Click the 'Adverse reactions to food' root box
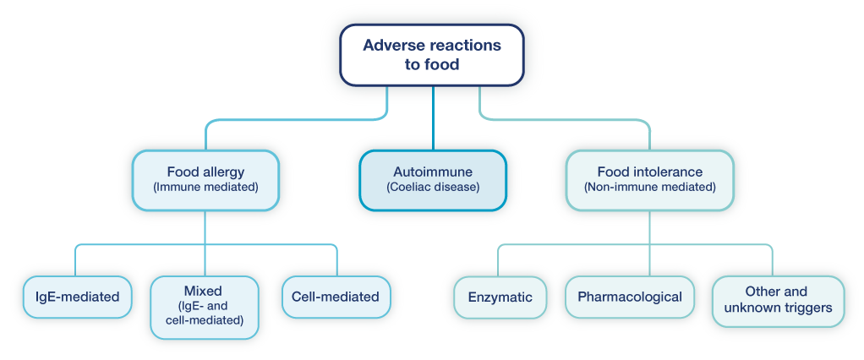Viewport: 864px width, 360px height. [x=432, y=54]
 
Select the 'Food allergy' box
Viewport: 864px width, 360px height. [x=205, y=180]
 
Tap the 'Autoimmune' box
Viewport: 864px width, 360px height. [x=432, y=180]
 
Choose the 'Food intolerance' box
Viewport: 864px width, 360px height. [x=649, y=180]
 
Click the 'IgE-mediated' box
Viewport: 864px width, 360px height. [x=77, y=297]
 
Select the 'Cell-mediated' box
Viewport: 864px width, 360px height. [x=336, y=297]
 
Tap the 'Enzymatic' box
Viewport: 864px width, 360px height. [x=500, y=297]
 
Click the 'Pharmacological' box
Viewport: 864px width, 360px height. [x=629, y=297]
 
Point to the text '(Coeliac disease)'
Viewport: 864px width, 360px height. [x=432, y=188]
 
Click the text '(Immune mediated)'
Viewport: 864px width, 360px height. [x=205, y=188]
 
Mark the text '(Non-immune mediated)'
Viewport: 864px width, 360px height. [x=649, y=188]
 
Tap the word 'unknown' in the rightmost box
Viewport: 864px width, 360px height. [x=749, y=308]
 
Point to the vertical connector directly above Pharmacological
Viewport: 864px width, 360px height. [x=649, y=254]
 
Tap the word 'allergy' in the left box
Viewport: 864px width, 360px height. [x=224, y=172]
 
